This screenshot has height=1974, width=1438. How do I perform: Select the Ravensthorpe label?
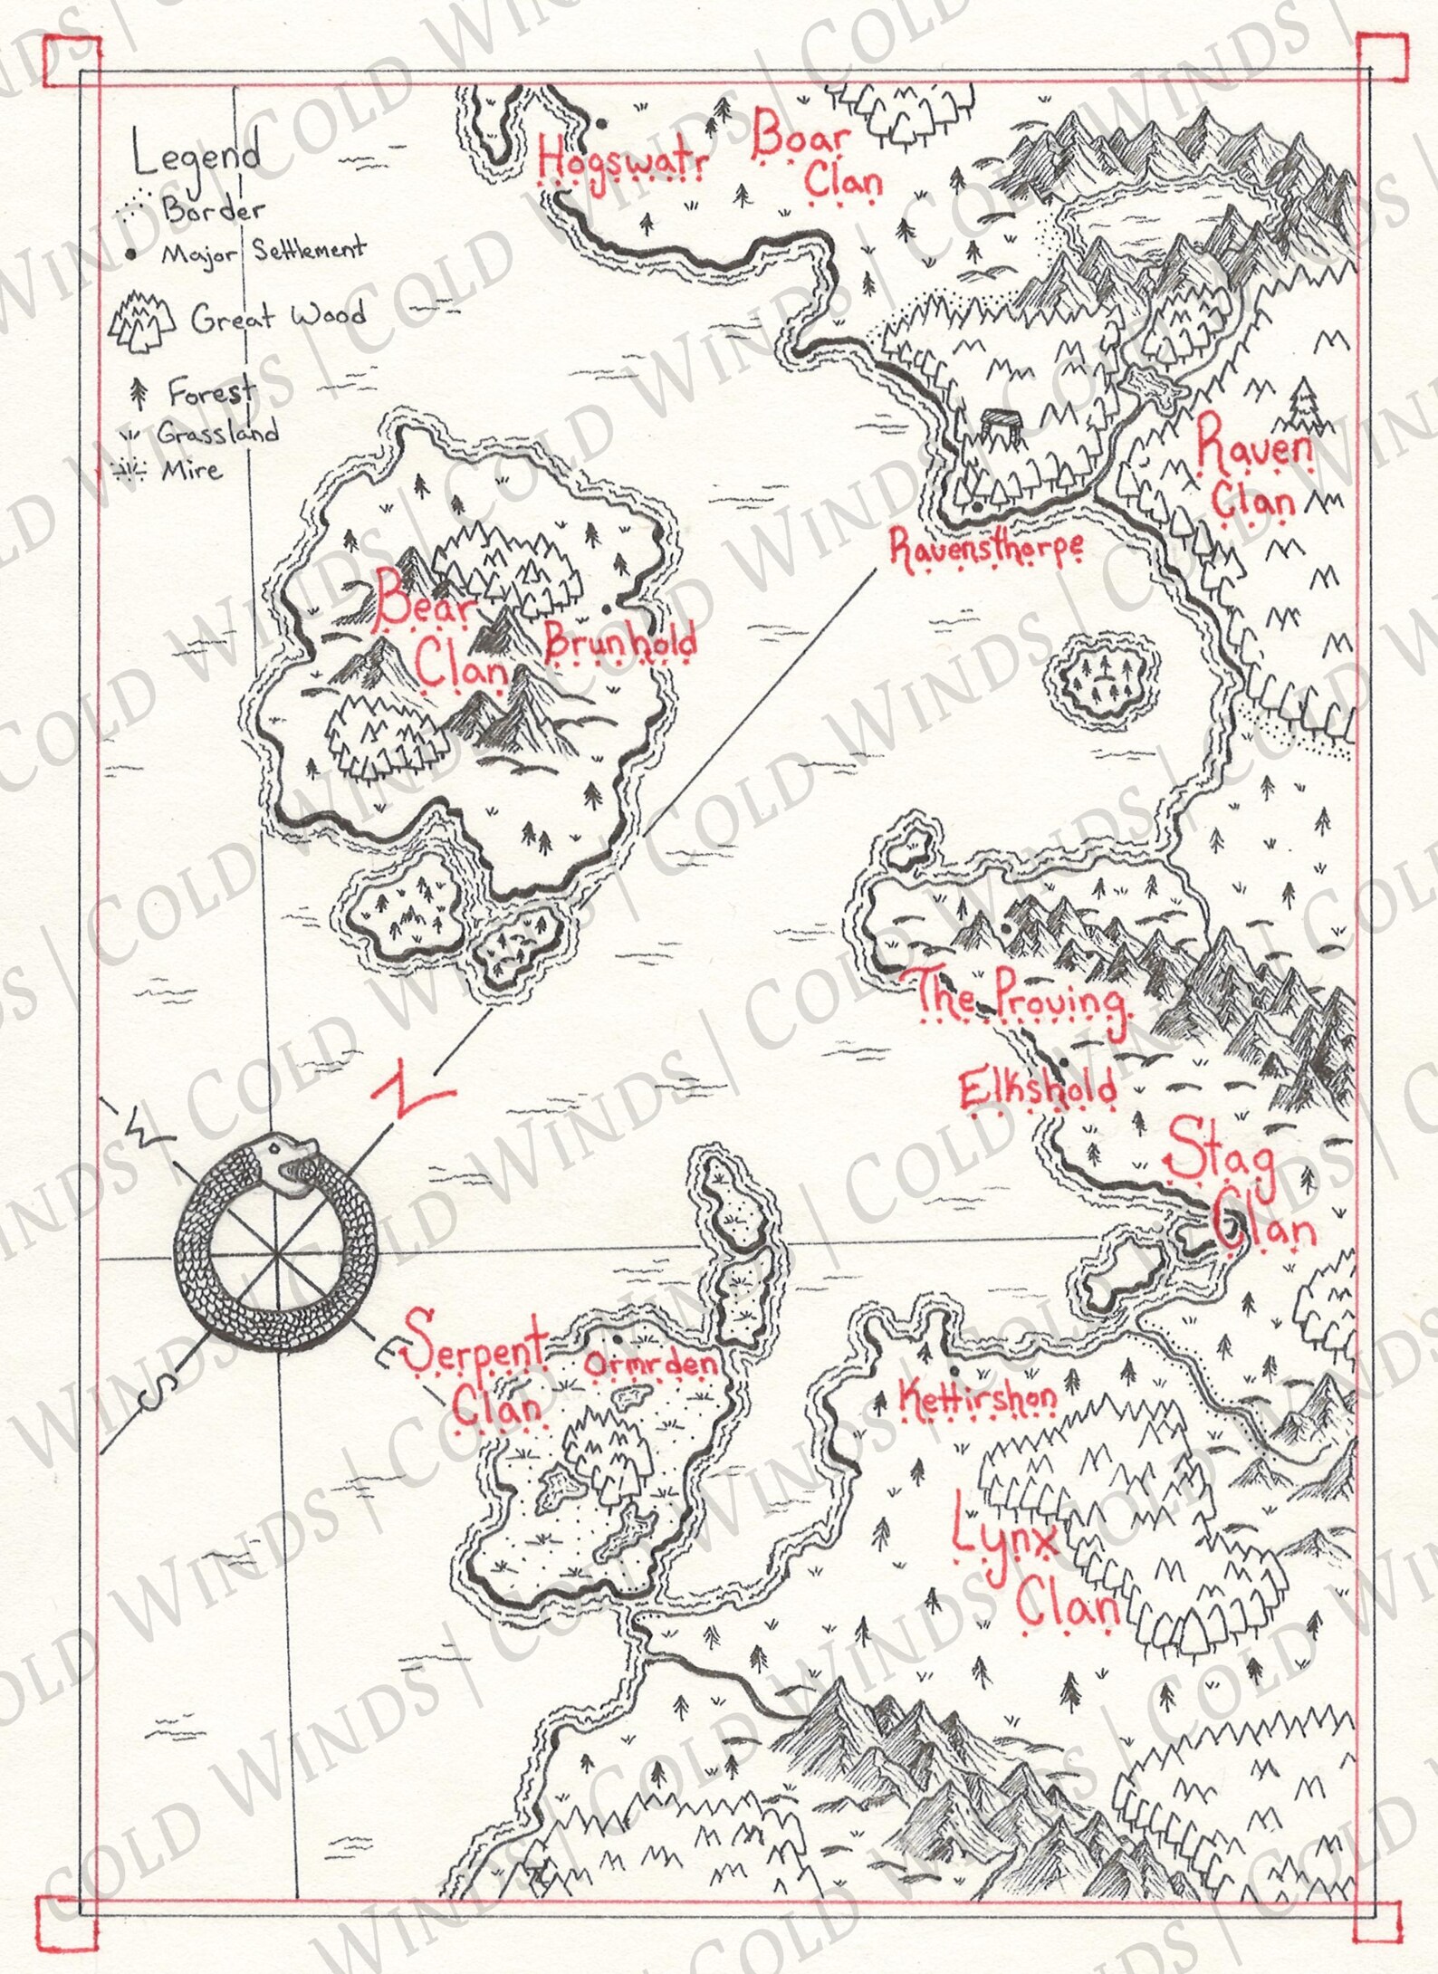[x=985, y=550]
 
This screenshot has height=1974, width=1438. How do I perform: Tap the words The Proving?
[x=1021, y=1000]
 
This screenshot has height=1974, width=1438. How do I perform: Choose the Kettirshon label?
[x=976, y=1398]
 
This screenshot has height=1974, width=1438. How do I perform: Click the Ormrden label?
[x=650, y=1364]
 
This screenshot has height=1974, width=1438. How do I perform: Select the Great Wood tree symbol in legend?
[x=141, y=320]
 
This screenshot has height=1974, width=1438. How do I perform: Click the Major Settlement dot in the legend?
[x=132, y=255]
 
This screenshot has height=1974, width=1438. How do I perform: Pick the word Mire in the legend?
[x=191, y=470]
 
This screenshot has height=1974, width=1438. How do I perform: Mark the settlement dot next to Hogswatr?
[x=599, y=122]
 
